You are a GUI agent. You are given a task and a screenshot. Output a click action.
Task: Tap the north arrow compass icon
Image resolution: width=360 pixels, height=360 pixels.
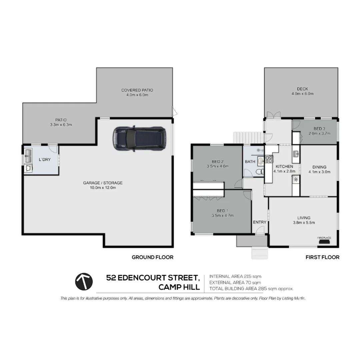coord(84,282)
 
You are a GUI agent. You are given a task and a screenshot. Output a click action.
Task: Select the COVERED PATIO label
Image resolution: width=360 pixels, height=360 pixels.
coord(137,90)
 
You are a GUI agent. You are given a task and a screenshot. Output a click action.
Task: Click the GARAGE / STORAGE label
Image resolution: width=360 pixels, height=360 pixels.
coord(98,183)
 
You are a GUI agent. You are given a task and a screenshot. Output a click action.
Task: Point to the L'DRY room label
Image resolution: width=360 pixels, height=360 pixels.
coord(45,160)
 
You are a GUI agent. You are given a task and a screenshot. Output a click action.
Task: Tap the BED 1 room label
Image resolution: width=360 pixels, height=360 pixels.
coord(223,210)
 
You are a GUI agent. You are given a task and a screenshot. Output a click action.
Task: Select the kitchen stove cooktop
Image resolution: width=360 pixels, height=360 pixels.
coord(269,159)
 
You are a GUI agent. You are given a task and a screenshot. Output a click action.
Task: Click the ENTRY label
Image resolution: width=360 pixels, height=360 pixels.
coord(260,222)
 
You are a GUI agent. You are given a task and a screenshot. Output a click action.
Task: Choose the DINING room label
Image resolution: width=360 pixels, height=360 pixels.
coord(319,167)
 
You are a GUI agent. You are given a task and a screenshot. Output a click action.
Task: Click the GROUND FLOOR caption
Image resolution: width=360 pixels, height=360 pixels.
coord(152,257)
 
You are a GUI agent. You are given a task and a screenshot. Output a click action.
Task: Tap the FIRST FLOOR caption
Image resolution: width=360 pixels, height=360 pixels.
coord(322,257)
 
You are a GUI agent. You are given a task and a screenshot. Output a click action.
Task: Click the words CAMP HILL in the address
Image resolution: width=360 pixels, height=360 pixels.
coord(179,287)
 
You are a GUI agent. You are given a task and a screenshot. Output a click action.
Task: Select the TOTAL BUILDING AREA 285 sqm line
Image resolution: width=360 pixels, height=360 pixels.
coord(251,289)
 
